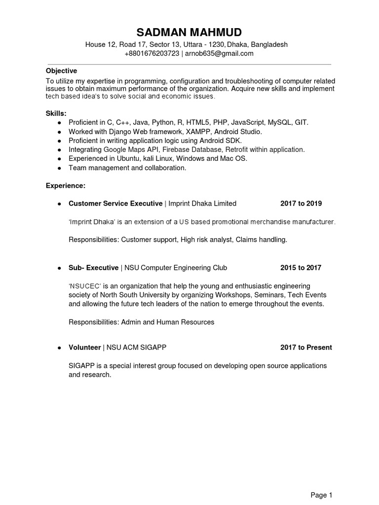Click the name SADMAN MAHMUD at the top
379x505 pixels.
point(189,33)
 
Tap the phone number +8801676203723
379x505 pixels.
point(152,53)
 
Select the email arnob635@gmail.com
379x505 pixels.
point(219,53)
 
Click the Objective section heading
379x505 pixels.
point(61,71)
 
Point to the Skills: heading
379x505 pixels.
point(56,113)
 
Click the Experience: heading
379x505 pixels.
point(66,185)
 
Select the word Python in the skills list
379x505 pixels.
point(163,122)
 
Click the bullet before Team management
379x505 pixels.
point(59,168)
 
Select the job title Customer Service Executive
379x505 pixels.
point(115,203)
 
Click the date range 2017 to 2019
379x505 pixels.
point(301,203)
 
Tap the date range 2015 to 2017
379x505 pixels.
point(301,268)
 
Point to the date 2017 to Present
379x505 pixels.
point(306,347)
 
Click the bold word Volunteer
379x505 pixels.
point(84,347)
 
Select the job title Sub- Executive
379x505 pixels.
point(93,268)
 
